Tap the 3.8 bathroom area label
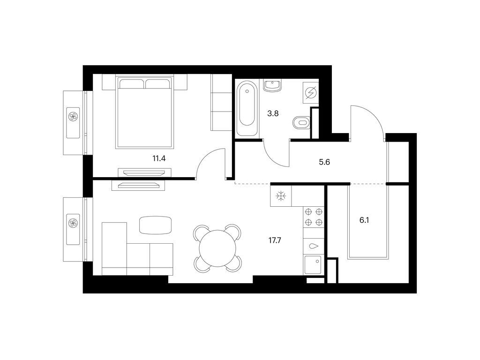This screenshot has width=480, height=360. click(x=273, y=113)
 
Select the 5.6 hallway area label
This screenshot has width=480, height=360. click(x=324, y=162)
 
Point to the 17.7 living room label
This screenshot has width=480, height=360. click(x=275, y=240)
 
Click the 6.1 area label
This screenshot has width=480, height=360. click(x=364, y=220)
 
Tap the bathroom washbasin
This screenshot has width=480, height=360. click(x=272, y=85)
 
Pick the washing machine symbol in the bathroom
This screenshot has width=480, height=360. click(x=311, y=92)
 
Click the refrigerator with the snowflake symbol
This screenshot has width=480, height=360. click(x=281, y=196)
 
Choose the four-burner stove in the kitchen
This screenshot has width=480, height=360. click(x=314, y=217)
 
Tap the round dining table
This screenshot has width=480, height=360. click(x=217, y=248)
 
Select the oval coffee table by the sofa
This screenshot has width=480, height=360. click(x=155, y=225)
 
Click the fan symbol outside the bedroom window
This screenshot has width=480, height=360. click(x=73, y=116)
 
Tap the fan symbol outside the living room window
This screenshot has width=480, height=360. click(x=73, y=223)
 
